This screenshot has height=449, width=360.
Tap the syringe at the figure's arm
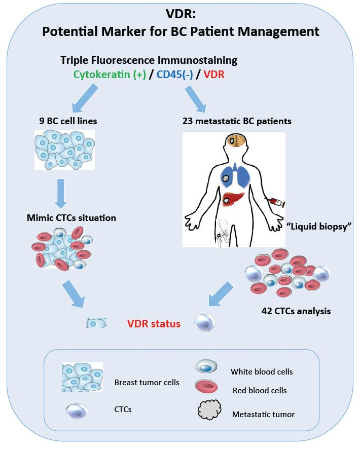click(274, 203)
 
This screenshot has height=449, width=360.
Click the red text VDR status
click(154, 324)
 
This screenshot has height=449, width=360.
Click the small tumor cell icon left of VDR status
click(96, 323)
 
